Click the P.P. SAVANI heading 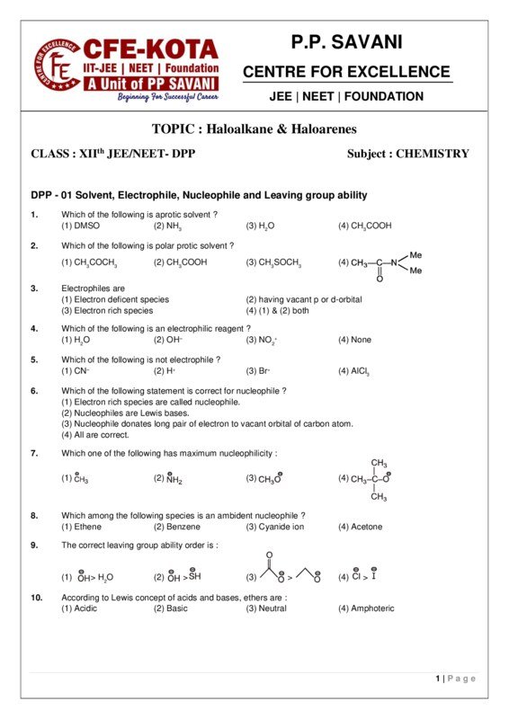click(346, 41)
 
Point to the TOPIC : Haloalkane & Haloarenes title click(254, 129)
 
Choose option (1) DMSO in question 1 click(81, 226)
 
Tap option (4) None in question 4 click(354, 340)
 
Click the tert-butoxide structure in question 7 click(369, 479)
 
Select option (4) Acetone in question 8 click(360, 527)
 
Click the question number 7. click(34, 453)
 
